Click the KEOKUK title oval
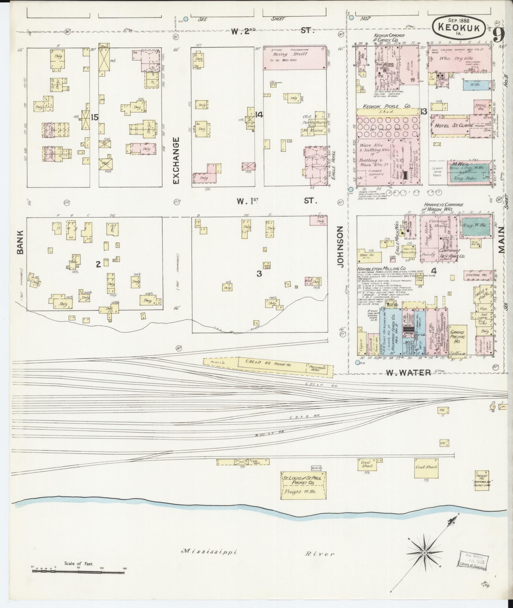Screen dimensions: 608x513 (x=459, y=28)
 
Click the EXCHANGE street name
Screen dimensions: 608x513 (x=177, y=161)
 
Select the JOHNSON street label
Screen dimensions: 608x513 (x=340, y=246)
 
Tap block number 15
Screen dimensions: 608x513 (x=94, y=118)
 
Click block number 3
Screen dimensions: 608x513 (x=259, y=273)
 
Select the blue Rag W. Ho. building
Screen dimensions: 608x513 (x=475, y=227)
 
